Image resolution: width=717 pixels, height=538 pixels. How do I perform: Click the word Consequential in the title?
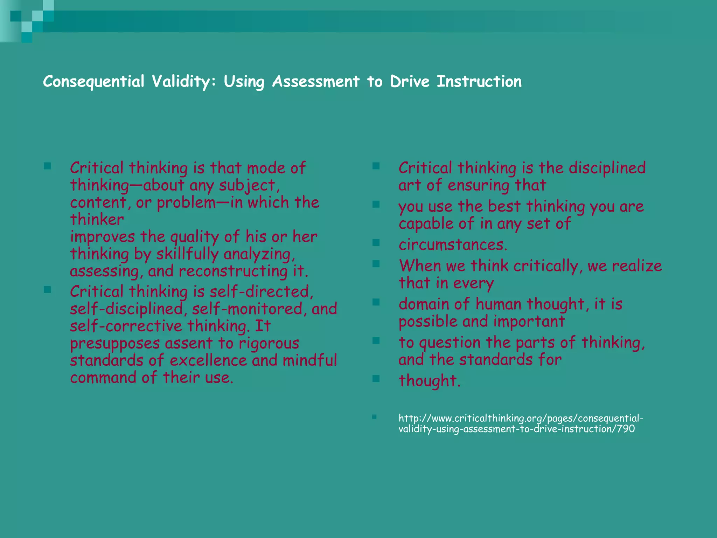[93, 82]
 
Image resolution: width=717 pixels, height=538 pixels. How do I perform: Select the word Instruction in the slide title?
[479, 82]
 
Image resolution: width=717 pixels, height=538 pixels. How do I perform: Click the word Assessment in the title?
[316, 82]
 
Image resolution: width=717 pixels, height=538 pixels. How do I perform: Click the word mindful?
[310, 360]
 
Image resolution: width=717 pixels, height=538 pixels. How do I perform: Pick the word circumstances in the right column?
[453, 245]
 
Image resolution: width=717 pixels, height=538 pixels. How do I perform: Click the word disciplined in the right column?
[607, 168]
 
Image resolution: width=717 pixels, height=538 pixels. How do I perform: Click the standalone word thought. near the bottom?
[429, 381]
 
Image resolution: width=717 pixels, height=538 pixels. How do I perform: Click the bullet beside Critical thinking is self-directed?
[48, 289]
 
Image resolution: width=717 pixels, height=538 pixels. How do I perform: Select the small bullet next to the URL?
[374, 417]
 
